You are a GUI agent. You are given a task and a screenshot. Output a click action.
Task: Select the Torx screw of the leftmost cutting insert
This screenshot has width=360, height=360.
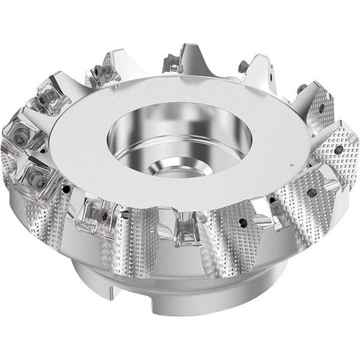click(16, 142)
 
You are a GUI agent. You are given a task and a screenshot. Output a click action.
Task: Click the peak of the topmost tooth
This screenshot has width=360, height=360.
click(191, 48)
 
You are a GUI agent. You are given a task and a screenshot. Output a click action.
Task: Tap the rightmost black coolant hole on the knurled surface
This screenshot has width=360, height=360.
click(339, 149)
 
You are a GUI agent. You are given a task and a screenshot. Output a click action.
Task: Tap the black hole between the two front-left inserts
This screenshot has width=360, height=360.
click(71, 188)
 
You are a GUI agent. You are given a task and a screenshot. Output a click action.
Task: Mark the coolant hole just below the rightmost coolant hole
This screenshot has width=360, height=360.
click(311, 193)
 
